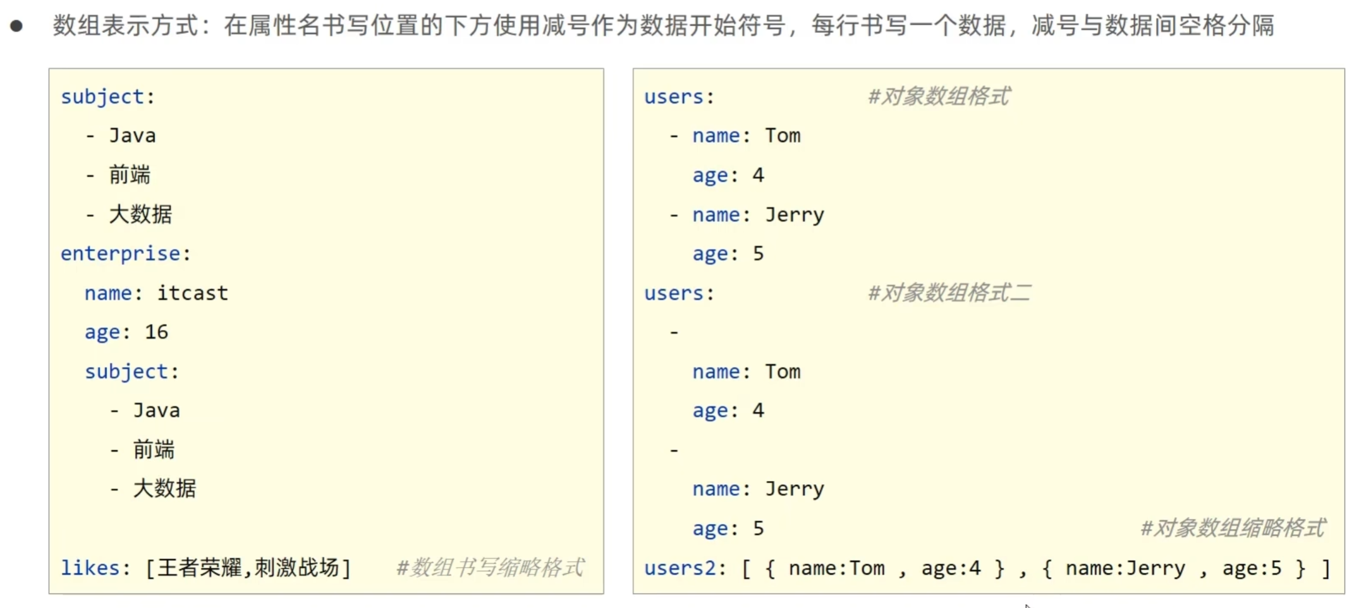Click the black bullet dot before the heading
17,26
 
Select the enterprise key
121,253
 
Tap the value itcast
192,293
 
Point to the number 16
157,332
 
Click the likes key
90,568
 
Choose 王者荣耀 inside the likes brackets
199,568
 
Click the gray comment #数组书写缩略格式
490,568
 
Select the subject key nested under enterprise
126,371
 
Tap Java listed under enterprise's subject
156,411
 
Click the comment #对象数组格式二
949,293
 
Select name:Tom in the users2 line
836,568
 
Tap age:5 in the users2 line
1252,568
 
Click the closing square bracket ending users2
1325,568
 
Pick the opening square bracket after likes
150,568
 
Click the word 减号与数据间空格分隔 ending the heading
1152,26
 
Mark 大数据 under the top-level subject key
140,214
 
